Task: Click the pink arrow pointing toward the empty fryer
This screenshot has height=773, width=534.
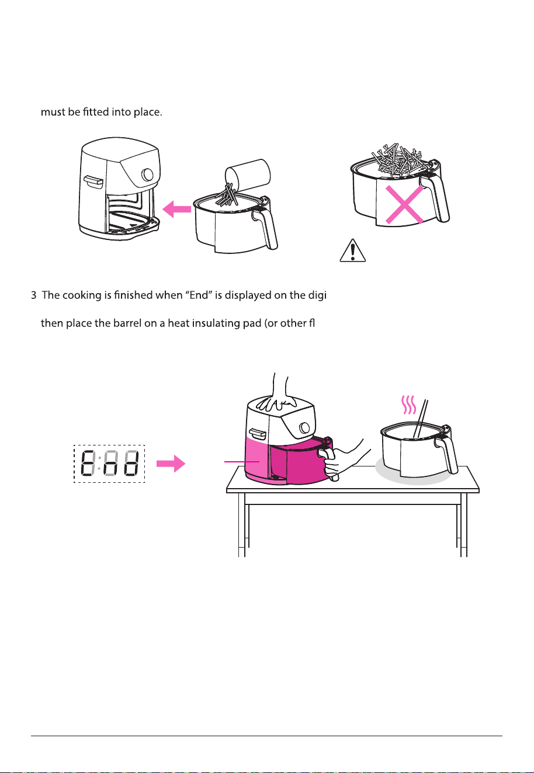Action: pos(176,209)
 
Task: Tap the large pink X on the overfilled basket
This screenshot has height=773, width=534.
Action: pos(404,205)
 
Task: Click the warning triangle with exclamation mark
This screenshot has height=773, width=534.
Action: pos(352,250)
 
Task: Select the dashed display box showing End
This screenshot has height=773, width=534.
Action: pos(109,464)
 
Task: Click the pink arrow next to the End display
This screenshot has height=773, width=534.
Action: pos(171,464)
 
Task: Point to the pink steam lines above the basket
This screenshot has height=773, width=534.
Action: pos(408,405)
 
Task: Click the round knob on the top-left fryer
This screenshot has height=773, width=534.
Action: pos(148,174)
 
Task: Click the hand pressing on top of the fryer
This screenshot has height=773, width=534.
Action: pos(278,394)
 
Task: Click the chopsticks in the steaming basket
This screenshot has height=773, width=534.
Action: pos(421,418)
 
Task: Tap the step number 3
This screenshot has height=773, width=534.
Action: pos(33,295)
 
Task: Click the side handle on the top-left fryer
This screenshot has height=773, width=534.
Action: pos(93,182)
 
